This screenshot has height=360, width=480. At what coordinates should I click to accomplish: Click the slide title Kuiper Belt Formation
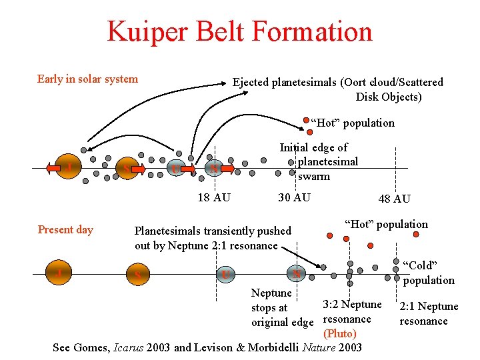(239, 32)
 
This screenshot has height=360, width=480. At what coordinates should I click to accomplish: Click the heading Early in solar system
(87, 79)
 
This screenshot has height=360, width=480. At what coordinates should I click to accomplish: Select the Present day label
(65, 230)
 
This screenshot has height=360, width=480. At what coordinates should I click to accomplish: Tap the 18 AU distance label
(214, 197)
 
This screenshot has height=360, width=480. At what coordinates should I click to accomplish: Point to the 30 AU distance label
(294, 197)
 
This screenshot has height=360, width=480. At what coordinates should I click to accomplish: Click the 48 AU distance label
(394, 199)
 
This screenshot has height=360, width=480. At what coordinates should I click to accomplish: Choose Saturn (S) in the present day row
(137, 274)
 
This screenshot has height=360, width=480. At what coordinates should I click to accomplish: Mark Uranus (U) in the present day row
(227, 274)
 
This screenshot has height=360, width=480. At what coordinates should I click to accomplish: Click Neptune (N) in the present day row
(297, 273)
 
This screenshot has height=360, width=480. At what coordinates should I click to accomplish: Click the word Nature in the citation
(321, 347)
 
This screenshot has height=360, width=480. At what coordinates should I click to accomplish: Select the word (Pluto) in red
(339, 333)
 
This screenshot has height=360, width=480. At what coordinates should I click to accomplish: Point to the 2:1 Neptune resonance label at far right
(428, 313)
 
